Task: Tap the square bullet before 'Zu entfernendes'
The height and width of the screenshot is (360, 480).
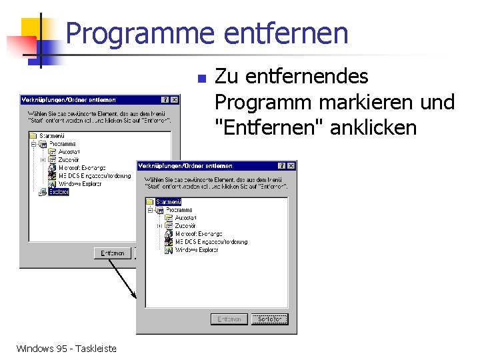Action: [x=202, y=79]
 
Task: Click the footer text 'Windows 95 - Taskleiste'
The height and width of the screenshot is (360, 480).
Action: [x=66, y=348]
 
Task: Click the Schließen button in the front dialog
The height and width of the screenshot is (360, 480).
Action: [x=269, y=319]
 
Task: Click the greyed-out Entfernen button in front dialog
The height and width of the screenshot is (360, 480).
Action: [x=228, y=319]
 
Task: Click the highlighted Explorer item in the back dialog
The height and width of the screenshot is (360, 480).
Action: [x=58, y=192]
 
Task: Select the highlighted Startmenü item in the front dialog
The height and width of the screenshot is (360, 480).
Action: [x=168, y=202]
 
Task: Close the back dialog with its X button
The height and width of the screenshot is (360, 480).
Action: [x=174, y=100]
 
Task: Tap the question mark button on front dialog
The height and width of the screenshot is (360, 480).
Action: [x=281, y=165]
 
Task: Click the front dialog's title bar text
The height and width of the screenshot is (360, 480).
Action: [x=186, y=165]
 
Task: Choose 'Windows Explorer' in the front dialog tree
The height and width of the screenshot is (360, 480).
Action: [x=197, y=250]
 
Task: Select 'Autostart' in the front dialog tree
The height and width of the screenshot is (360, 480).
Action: [x=187, y=218]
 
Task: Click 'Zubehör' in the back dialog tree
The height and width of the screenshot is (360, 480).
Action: [x=69, y=160]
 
